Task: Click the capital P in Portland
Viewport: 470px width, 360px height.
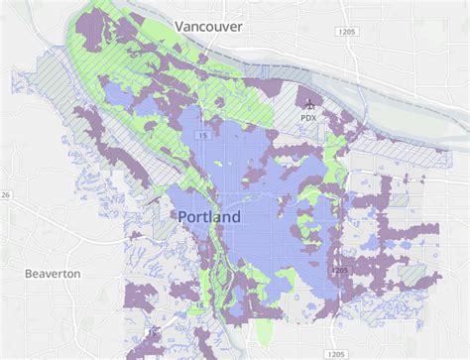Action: coord(184,215)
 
